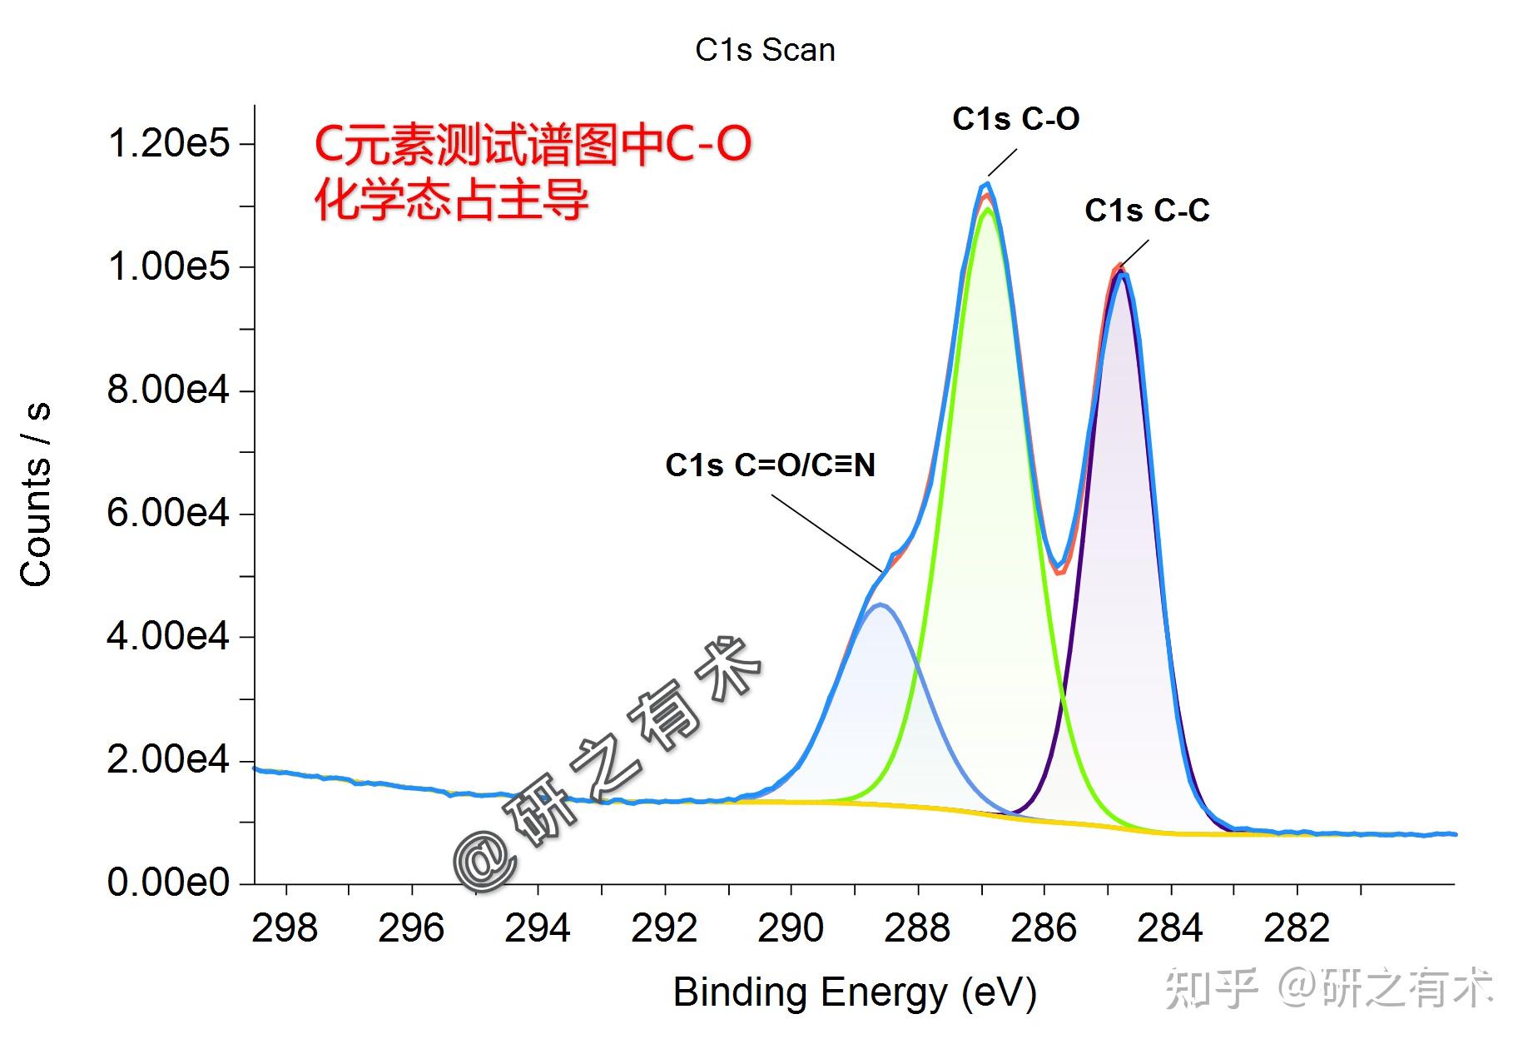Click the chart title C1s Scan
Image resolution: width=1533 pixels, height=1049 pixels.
(765, 50)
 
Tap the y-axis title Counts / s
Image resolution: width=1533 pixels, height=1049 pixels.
(36, 495)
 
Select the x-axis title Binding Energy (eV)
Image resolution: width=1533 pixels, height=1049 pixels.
(855, 992)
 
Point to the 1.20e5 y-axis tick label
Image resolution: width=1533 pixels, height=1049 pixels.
(168, 143)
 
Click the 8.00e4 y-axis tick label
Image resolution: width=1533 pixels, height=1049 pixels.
(168, 390)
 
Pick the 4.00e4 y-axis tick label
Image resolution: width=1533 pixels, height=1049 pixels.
(168, 636)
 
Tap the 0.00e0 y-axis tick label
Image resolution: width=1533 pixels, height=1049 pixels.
(168, 882)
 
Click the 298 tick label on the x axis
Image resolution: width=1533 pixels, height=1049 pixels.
(285, 927)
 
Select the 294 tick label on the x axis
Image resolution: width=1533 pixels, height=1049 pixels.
(538, 927)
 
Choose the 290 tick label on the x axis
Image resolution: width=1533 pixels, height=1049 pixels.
(791, 927)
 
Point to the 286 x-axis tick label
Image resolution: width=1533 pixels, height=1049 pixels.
(1044, 927)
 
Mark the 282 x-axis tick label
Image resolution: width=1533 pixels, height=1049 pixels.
(1297, 927)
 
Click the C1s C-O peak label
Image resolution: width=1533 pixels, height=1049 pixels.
(1015, 119)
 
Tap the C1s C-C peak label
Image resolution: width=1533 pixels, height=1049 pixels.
(1147, 211)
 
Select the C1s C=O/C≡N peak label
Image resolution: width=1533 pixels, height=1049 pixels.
(770, 465)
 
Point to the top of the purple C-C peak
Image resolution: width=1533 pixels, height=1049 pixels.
(1122, 273)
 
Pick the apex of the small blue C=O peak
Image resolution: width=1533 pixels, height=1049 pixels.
(881, 605)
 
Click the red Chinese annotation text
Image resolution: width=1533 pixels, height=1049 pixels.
(533, 172)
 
